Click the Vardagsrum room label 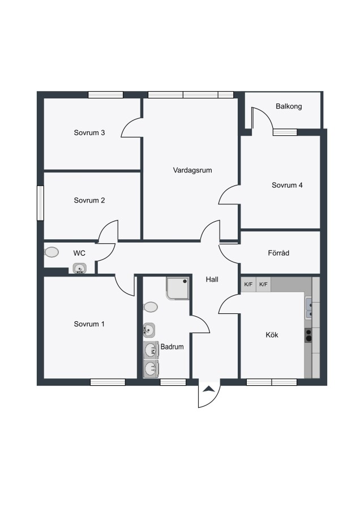coord(192,170)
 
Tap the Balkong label coord(289,106)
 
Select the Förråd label coord(278,253)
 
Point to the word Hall coord(212,279)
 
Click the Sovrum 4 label coord(287,185)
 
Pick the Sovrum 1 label coord(89,324)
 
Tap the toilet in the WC coord(52,252)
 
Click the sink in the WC coord(80,269)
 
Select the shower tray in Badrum coord(177,288)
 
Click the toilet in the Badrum coord(151,307)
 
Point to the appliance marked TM coord(151,350)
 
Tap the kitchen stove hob coord(308,335)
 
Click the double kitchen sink coord(308,308)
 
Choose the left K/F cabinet coord(248,284)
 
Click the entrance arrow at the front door coord(209,389)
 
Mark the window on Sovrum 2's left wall coord(40,203)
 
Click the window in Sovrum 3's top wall coord(106,95)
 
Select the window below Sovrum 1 coord(108,382)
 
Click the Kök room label coord(272,335)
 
